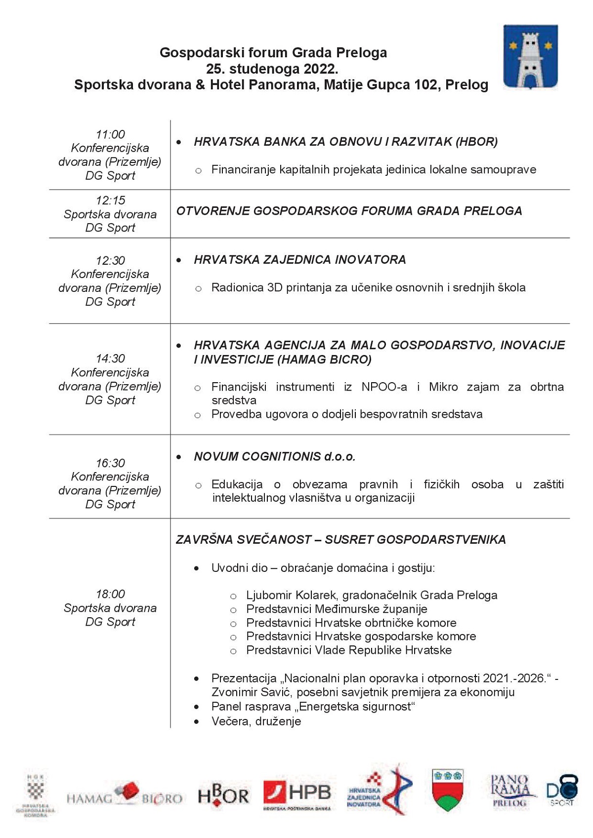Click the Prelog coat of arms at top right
530,57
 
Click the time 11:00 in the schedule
110,134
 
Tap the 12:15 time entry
110,200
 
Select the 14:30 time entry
110,359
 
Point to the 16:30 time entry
110,463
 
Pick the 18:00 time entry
110,594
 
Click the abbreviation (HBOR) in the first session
476,142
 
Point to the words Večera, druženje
256,721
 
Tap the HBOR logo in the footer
223,795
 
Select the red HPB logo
297,795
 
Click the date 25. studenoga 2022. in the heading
272,69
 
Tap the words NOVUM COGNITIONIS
257,457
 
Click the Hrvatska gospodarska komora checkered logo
36,795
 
